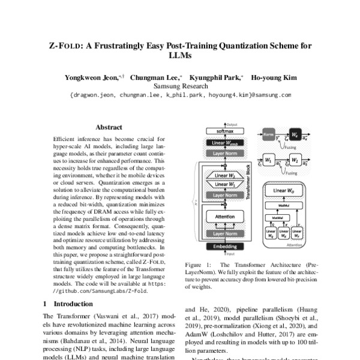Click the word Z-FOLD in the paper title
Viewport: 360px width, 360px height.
click(x=65, y=46)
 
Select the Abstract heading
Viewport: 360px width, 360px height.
click(x=109, y=127)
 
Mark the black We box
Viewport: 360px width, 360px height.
click(x=296, y=136)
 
